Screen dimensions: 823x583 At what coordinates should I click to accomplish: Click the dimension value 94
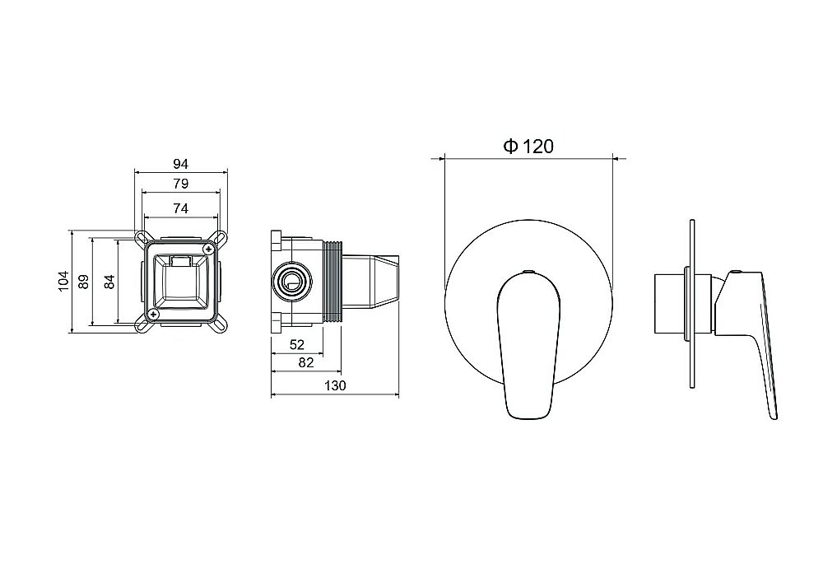coord(180,164)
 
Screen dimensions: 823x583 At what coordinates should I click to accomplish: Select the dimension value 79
coord(180,184)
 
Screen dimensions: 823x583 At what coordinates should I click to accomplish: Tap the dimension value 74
coord(180,208)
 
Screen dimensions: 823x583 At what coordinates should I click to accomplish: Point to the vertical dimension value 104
coord(63,281)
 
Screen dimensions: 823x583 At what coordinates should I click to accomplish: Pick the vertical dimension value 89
coord(83,282)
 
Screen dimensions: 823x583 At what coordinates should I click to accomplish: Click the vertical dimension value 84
coord(109,282)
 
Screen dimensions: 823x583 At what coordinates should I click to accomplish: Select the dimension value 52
coord(297,344)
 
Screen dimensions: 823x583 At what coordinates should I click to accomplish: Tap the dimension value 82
coord(305,362)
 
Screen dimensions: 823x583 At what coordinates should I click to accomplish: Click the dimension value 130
coord(335,386)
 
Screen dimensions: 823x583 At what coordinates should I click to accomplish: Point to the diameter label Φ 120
coord(528,146)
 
